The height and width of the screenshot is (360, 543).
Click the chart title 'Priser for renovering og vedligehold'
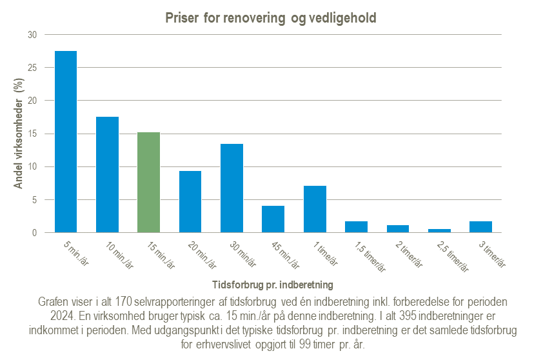pyautogui.click(x=271, y=18)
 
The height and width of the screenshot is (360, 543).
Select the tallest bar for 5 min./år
pyautogui.click(x=66, y=142)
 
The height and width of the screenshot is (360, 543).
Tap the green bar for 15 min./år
pyautogui.click(x=148, y=183)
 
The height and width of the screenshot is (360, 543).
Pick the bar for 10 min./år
pyautogui.click(x=107, y=175)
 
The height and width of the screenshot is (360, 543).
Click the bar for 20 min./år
pyautogui.click(x=190, y=202)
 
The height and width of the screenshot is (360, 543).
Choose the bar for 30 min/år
pyautogui.click(x=232, y=188)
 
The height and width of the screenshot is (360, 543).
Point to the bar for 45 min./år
pyautogui.click(x=273, y=219)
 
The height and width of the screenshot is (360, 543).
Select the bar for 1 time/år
pyautogui.click(x=315, y=209)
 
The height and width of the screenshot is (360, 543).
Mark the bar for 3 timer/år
pyautogui.click(x=480, y=227)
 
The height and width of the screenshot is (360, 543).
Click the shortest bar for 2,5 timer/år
pyautogui.click(x=439, y=230)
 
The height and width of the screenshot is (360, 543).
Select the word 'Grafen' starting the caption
pyautogui.click(x=54, y=301)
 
